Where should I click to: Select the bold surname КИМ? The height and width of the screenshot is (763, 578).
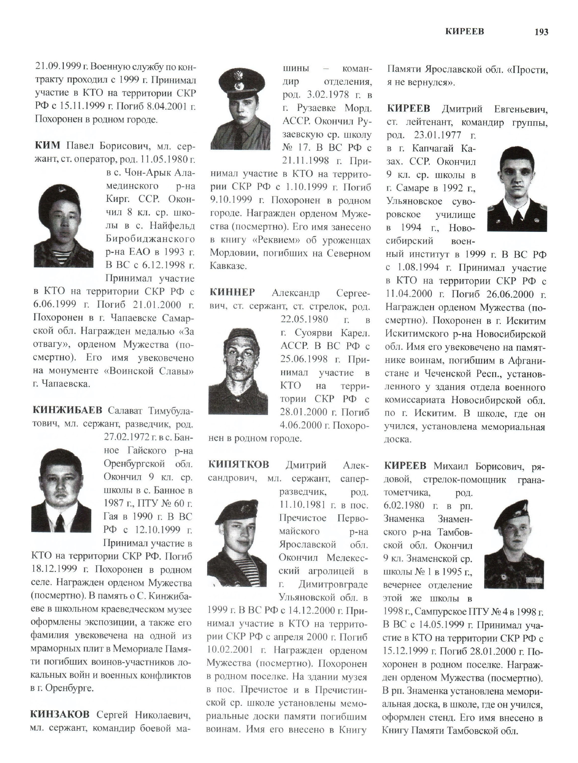click(48, 146)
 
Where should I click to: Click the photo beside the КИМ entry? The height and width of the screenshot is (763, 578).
click(64, 226)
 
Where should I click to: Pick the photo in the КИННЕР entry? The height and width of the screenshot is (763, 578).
click(238, 371)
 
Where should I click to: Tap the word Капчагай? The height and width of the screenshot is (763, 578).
click(433, 148)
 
